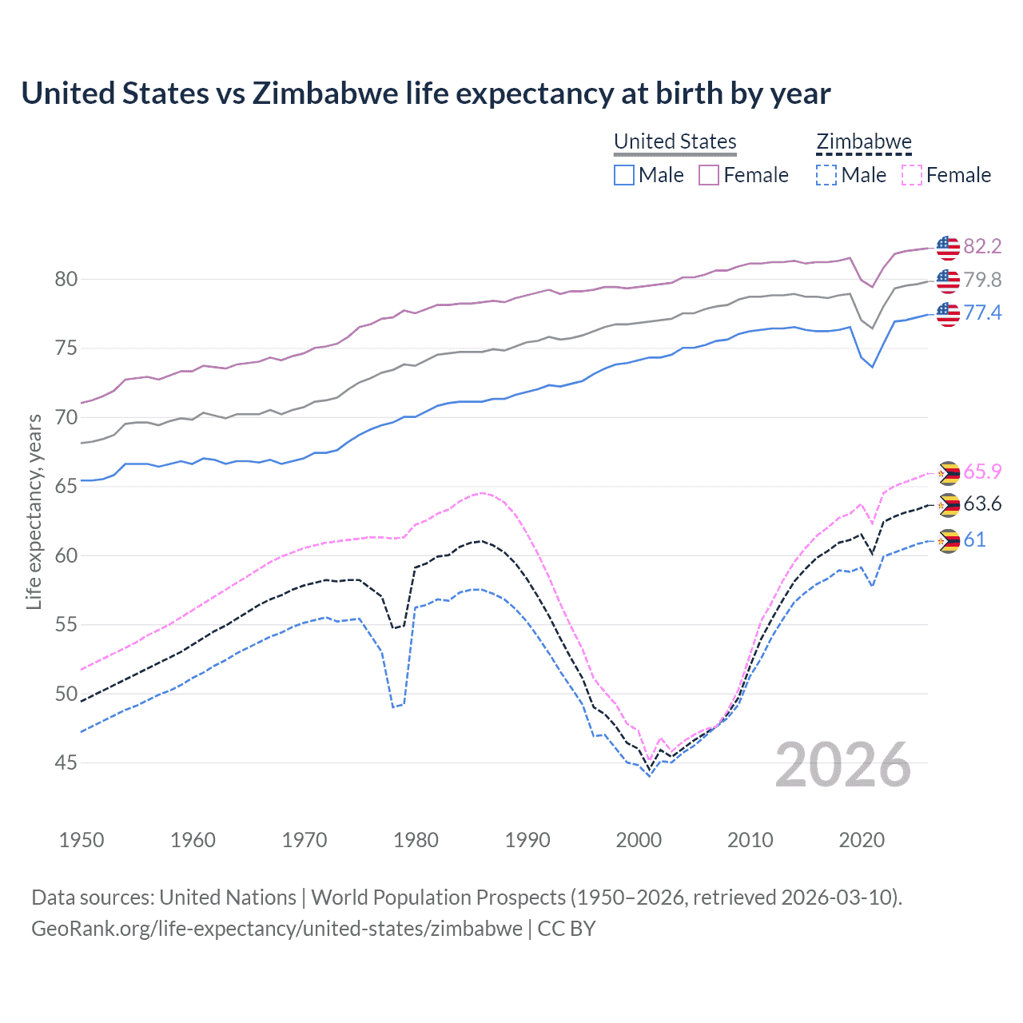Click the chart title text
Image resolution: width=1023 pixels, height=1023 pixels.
(x=425, y=94)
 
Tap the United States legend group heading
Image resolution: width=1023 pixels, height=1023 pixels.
(x=675, y=141)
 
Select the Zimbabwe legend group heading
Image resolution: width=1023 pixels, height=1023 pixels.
(x=863, y=141)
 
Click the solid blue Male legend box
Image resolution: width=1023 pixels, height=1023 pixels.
(x=624, y=175)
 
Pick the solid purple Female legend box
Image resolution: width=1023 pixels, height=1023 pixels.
(x=709, y=175)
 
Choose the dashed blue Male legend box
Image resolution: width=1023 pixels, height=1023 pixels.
(x=826, y=175)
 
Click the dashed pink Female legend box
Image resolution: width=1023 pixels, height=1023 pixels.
(x=912, y=175)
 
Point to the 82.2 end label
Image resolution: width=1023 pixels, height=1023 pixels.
(x=982, y=246)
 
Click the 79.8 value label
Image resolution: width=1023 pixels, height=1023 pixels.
(x=982, y=280)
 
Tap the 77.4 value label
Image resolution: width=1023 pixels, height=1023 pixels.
(x=982, y=312)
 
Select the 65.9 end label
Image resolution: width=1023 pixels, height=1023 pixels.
(x=982, y=472)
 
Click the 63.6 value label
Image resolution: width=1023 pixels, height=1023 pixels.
(x=982, y=504)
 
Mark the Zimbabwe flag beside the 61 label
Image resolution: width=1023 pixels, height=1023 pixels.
(x=948, y=541)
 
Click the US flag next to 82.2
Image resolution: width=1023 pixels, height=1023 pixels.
(x=948, y=247)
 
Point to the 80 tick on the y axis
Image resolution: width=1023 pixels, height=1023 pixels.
(x=66, y=280)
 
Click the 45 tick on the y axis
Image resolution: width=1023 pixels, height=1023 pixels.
(x=66, y=763)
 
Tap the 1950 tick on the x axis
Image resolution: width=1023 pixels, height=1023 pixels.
(x=82, y=840)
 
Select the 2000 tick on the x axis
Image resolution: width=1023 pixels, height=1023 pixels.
(x=639, y=840)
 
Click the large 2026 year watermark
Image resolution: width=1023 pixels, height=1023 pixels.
(x=842, y=765)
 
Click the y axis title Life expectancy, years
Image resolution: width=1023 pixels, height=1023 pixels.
(x=34, y=511)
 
